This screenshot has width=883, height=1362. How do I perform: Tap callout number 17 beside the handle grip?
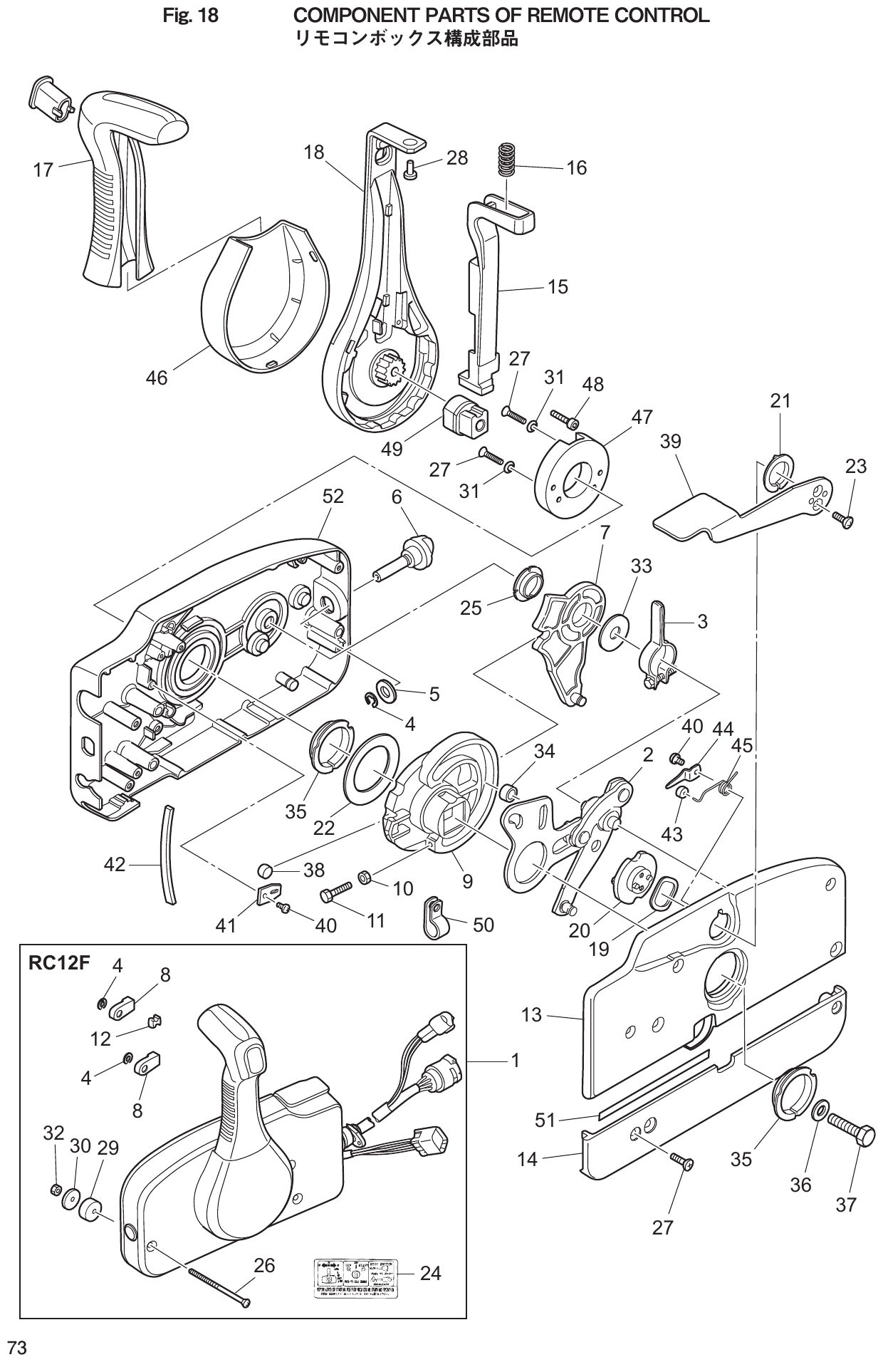click(x=43, y=170)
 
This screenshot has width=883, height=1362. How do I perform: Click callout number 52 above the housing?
click(x=333, y=497)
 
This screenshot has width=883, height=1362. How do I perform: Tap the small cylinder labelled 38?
click(x=266, y=870)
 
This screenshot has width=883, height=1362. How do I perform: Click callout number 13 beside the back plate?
click(x=531, y=1014)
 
